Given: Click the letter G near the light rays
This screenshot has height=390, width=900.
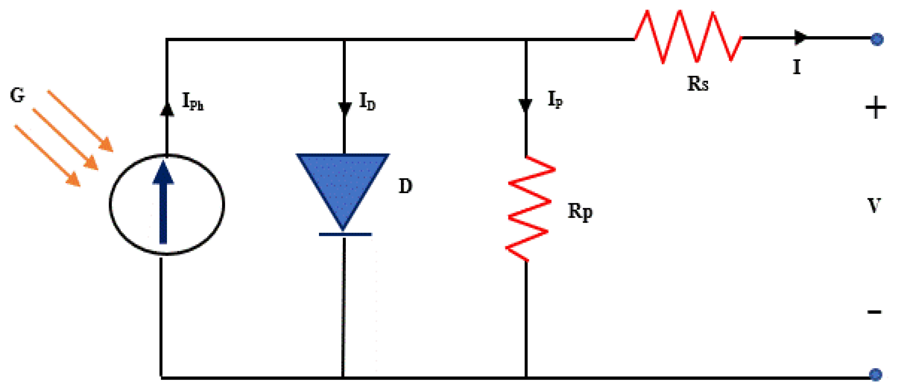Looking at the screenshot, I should [18, 95].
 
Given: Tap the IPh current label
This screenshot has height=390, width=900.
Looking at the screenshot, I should [192, 102].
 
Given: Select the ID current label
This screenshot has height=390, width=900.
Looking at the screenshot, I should [367, 102].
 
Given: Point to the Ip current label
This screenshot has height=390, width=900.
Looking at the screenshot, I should [555, 99].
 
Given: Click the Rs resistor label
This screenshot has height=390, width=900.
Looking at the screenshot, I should [698, 84].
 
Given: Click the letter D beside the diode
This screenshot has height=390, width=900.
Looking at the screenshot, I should [405, 186].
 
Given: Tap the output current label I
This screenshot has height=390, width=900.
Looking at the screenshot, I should [797, 67].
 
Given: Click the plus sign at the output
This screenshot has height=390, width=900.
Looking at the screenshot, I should [875, 107].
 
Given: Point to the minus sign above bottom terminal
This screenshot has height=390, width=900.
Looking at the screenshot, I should [874, 312].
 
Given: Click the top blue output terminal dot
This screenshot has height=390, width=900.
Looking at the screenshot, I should [877, 39].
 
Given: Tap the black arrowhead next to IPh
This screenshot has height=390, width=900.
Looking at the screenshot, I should [167, 109].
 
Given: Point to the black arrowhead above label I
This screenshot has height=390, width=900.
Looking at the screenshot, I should [800, 37].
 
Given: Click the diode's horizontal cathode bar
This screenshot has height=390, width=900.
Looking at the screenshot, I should [345, 234].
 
